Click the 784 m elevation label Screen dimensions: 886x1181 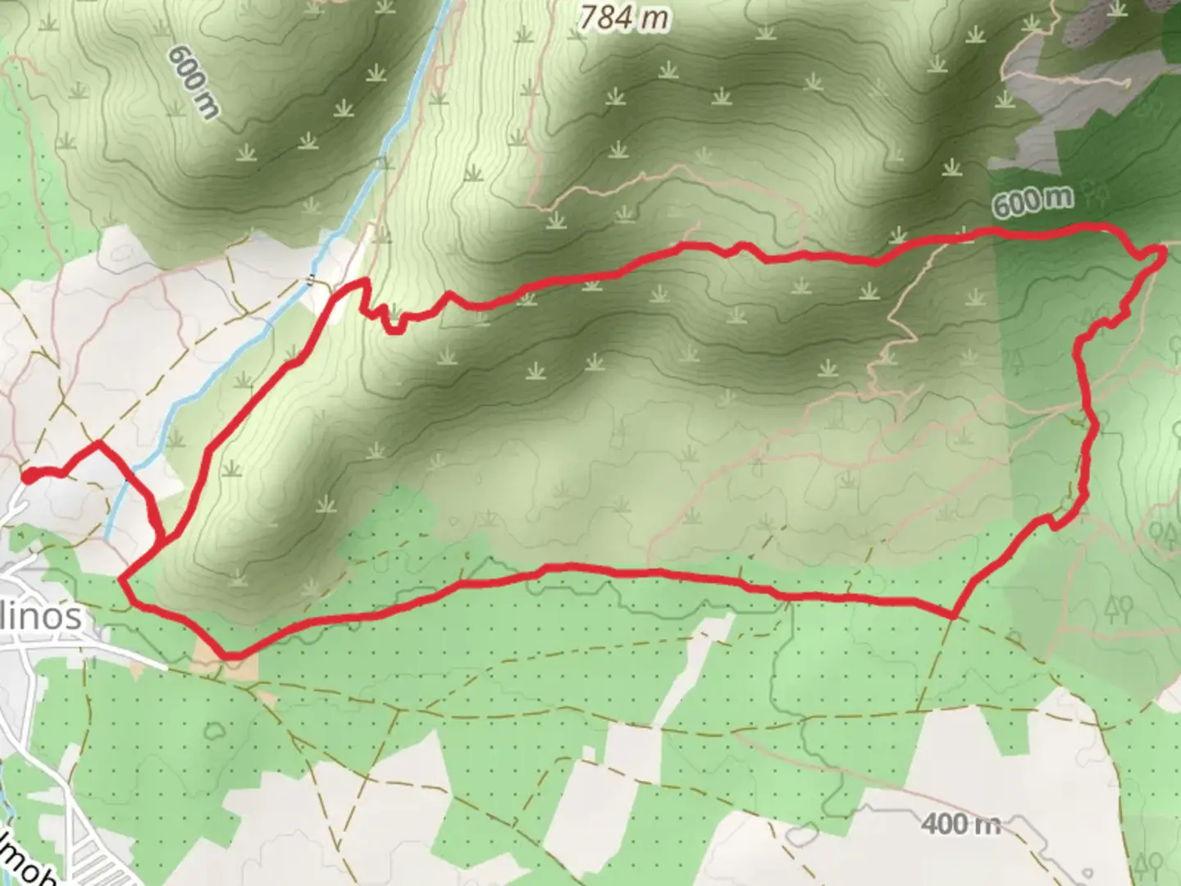click(x=624, y=17)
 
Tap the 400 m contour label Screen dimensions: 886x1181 click(x=960, y=823)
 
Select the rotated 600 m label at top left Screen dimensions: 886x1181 click(x=194, y=81)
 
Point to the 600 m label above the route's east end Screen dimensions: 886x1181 click(x=1032, y=201)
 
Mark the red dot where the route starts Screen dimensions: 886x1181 click(x=28, y=476)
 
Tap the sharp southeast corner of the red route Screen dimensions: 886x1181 click(x=954, y=615)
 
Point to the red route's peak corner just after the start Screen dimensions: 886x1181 click(x=99, y=444)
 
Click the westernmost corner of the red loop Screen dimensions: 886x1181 click(x=121, y=580)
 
